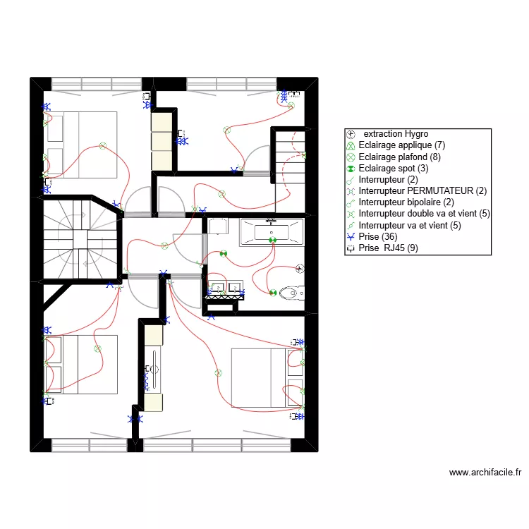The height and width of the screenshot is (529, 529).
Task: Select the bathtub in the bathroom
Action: point(272,232)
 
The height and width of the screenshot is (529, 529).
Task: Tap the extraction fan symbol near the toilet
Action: point(300,269)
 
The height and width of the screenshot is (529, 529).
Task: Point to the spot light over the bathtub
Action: point(272,241)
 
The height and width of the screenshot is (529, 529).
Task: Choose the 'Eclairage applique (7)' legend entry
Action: point(401,145)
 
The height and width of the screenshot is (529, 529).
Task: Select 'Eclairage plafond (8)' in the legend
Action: point(399,157)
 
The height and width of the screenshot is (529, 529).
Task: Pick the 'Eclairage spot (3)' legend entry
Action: point(393,168)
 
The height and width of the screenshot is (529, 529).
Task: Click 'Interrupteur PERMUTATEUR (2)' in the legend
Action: point(422,190)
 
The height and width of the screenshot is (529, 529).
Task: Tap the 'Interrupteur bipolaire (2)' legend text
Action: point(406,202)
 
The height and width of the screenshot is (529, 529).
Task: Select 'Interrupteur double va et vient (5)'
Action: point(424,214)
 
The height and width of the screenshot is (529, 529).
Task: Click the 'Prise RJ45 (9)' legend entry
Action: point(388,248)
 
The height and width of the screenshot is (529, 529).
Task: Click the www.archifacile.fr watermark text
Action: point(485,473)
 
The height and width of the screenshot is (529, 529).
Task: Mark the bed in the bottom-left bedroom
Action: point(80,365)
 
